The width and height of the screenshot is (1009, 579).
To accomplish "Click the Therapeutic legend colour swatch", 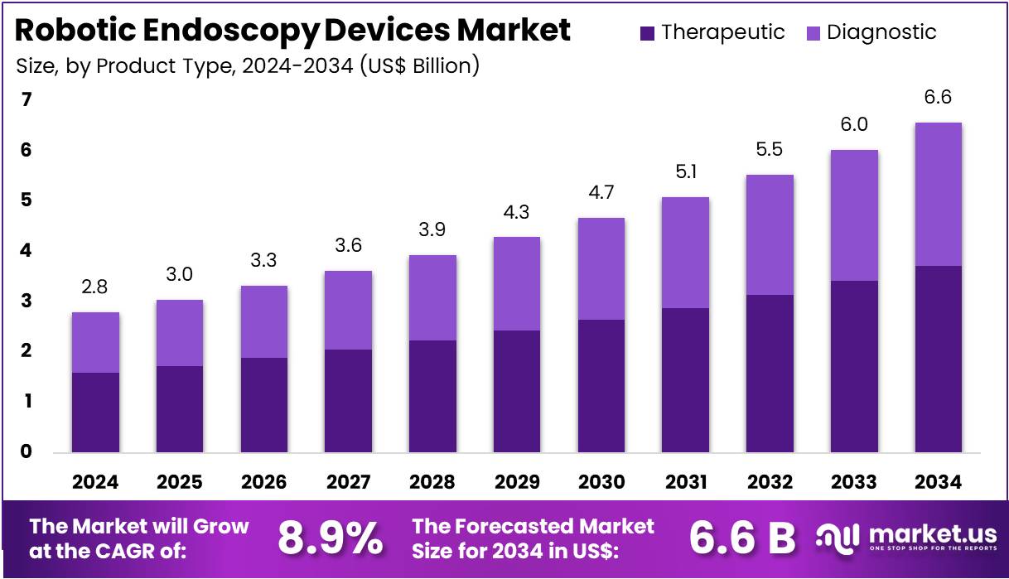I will tap(648, 33).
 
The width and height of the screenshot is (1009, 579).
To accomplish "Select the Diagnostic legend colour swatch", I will tap(813, 33).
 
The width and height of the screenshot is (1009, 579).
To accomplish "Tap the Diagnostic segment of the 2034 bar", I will tap(938, 194).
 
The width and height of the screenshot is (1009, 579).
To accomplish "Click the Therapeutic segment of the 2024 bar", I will tap(95, 412).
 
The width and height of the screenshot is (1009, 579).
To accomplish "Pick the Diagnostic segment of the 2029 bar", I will tap(516, 283).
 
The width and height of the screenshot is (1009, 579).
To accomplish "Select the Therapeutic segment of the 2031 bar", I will tap(685, 380).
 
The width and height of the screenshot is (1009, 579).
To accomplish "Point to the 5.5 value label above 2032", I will tap(770, 150).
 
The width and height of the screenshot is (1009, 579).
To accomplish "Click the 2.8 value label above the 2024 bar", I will tap(95, 287).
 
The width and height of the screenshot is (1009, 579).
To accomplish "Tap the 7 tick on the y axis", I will tap(27, 99).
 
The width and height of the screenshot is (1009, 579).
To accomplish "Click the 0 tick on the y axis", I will tap(27, 451).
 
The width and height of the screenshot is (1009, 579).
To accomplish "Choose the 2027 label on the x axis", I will tap(348, 482).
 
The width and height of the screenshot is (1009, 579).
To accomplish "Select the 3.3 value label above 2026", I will tap(263, 261).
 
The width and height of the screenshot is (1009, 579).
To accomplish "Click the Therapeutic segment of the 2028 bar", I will tap(432, 396).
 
